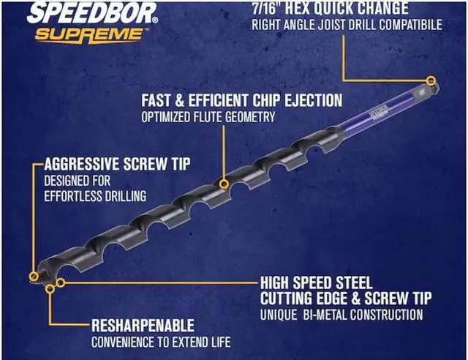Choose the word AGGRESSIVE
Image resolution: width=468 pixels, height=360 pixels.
click(84, 164)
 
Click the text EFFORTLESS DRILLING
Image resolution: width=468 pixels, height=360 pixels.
click(95, 195)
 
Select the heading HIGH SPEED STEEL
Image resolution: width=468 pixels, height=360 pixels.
click(317, 282)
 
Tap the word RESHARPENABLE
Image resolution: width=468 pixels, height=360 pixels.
click(143, 325)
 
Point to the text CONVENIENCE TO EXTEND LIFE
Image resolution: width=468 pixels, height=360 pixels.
click(160, 342)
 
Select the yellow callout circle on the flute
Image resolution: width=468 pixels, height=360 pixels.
click(223, 175)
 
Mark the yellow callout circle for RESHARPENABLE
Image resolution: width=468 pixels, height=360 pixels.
click(50, 289)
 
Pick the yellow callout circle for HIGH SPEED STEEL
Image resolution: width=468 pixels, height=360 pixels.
click(61, 281)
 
